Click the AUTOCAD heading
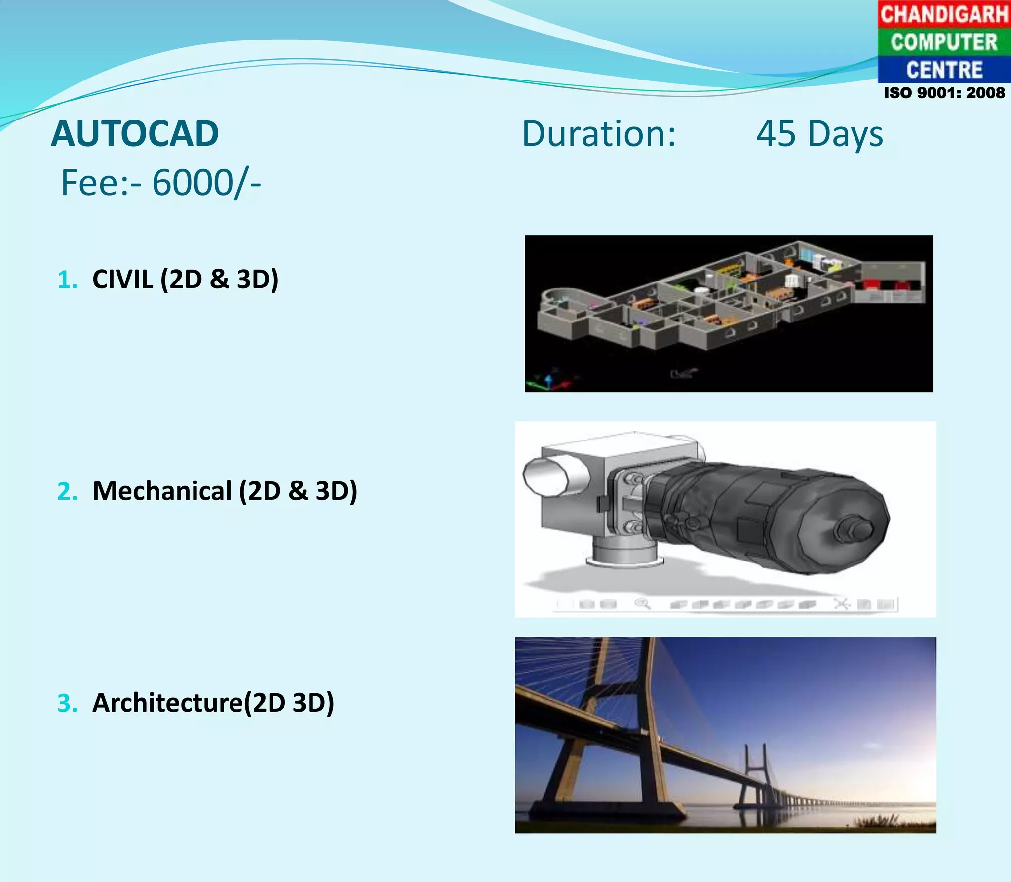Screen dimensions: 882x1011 pos(135,134)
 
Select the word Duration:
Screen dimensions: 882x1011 pos(599,134)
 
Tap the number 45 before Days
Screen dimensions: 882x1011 pos(776,134)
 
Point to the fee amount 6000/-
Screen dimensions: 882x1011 pos(206,183)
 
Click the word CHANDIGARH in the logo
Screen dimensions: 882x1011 pos(944,14)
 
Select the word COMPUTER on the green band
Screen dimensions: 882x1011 pos(944,42)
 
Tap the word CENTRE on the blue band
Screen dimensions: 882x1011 pos(944,70)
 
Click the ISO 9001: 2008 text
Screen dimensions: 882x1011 pos(944,93)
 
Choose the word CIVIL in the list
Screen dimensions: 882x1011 pos(122,279)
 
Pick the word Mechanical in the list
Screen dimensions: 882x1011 pos(162,491)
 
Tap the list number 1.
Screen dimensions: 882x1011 pos(67,280)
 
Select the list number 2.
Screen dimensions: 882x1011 pos(67,491)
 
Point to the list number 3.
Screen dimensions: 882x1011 pos(67,703)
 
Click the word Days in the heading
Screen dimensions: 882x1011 pos(845,135)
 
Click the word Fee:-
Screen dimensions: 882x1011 pos(101,183)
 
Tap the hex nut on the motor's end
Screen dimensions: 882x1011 pos(854,529)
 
